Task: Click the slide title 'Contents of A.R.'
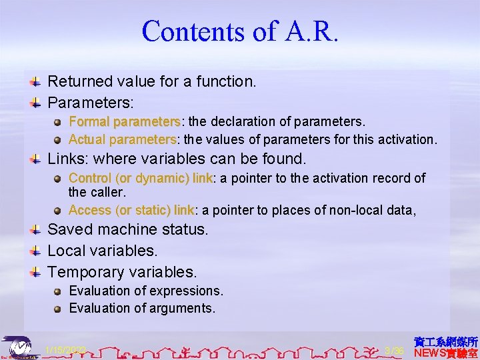240,31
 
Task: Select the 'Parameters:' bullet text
91,103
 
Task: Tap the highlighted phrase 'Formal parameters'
125,122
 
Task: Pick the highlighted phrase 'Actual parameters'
122,139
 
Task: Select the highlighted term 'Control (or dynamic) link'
140,178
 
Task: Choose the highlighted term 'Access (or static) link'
131,210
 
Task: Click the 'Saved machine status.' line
128,230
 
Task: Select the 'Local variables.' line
103,251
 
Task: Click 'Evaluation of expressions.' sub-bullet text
146,291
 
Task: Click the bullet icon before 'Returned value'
37,82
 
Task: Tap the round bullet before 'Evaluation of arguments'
59,309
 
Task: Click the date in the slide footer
65,350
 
